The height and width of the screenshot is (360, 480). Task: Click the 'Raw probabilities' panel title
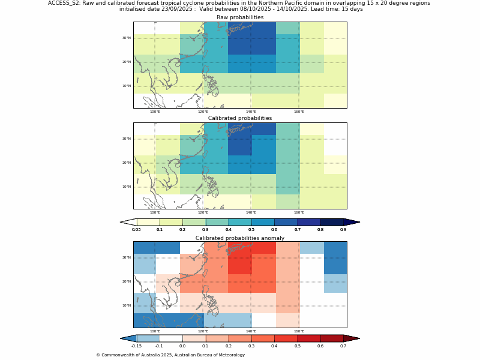(240, 17)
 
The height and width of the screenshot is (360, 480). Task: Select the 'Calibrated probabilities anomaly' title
(240, 238)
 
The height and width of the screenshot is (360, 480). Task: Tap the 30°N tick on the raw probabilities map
(127, 38)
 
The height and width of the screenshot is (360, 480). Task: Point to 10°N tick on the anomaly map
(127, 305)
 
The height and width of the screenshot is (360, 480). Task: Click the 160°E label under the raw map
(299, 112)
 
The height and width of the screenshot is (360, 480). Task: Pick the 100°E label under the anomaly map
(155, 331)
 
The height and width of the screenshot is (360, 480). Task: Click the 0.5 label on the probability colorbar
(251, 230)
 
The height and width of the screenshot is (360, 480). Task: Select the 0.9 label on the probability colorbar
(343, 230)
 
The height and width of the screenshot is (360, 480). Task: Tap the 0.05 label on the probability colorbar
(136, 230)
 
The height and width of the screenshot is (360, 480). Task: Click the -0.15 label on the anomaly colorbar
(136, 346)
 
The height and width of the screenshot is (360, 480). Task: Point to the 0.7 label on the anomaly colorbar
(343, 346)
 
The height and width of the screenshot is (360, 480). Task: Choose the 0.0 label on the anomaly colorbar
(182, 346)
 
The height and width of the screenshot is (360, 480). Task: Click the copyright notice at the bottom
(170, 355)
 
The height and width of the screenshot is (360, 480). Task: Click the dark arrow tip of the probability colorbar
(353, 222)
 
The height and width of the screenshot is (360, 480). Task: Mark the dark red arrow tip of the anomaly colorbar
(353, 338)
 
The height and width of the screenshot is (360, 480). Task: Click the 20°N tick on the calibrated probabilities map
(127, 163)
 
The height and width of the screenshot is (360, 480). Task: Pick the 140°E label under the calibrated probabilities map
(251, 212)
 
